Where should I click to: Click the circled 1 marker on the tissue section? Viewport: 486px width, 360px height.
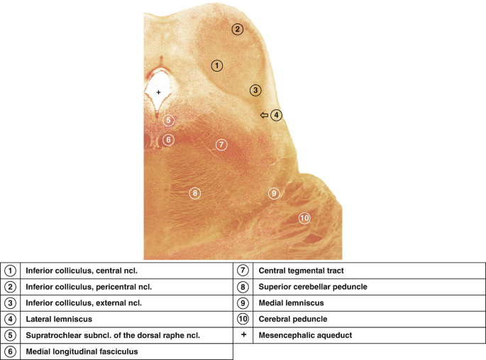[x=217, y=65]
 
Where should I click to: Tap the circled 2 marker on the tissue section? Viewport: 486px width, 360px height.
[x=238, y=29]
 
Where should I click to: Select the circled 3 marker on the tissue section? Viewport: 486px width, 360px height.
[x=255, y=90]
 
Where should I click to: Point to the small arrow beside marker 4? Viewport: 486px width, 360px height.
[x=264, y=115]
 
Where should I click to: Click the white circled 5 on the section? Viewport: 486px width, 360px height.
[x=168, y=119]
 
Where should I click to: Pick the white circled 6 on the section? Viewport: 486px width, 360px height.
[x=168, y=140]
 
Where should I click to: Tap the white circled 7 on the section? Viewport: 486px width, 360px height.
[x=221, y=145]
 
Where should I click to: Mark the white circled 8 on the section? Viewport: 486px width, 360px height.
[x=194, y=192]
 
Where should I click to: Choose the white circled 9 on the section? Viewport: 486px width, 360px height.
[x=273, y=193]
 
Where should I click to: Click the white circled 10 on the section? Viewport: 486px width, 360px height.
[x=304, y=218]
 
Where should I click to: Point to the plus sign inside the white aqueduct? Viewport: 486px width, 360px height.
[x=158, y=93]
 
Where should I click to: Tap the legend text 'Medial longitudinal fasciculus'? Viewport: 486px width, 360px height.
[x=82, y=351]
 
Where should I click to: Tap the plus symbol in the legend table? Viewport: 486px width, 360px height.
[x=243, y=334]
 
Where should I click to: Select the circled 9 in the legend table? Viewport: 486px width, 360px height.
[x=243, y=302]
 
